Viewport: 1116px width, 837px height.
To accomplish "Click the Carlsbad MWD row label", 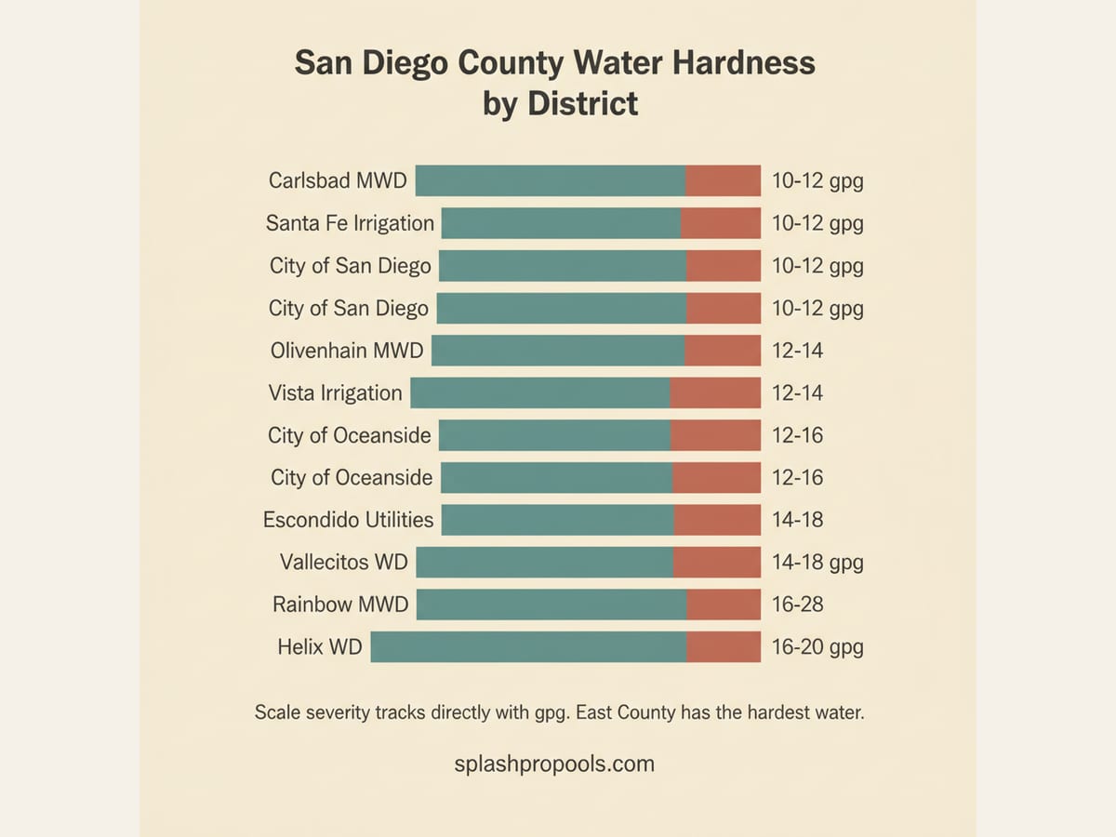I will point(338,180).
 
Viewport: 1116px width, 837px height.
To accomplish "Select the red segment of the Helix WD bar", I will point(724,646).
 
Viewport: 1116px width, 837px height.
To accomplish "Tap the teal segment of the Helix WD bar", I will point(528,646).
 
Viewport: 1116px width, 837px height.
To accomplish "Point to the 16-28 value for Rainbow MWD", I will point(797,604).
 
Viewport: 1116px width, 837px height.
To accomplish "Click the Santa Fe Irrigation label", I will point(350,223).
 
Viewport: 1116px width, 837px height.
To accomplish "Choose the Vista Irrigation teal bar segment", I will point(539,392).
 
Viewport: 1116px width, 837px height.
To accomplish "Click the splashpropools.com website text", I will point(554,764).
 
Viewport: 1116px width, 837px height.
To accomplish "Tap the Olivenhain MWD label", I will point(347,351).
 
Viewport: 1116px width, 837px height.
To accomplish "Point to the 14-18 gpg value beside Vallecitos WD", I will point(817,562).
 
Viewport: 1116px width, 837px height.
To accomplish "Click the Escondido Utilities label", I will point(348,520).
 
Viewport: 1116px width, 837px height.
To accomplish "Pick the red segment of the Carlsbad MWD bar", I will point(723,180).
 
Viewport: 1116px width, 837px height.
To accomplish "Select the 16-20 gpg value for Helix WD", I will point(817,646).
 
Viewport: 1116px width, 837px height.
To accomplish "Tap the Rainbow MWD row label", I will point(340,604).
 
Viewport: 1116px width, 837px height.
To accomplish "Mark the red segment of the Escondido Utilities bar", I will point(717,520).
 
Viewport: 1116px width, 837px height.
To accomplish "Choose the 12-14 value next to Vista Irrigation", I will point(797,392).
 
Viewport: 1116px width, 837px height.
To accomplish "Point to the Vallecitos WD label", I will point(343,562).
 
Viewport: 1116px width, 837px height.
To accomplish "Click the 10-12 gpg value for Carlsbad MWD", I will point(817,180).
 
